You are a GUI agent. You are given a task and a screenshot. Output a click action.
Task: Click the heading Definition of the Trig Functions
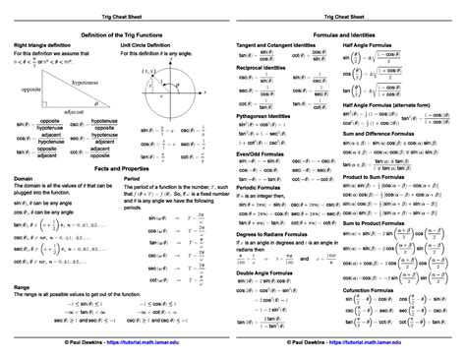click(x=116, y=33)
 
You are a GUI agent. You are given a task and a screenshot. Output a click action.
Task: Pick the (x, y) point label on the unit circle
click(x=150, y=72)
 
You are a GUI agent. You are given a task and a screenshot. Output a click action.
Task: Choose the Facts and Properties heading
click(x=116, y=170)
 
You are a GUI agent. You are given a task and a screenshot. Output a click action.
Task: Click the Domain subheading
click(x=23, y=180)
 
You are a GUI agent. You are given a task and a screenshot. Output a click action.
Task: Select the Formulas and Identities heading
click(x=349, y=33)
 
